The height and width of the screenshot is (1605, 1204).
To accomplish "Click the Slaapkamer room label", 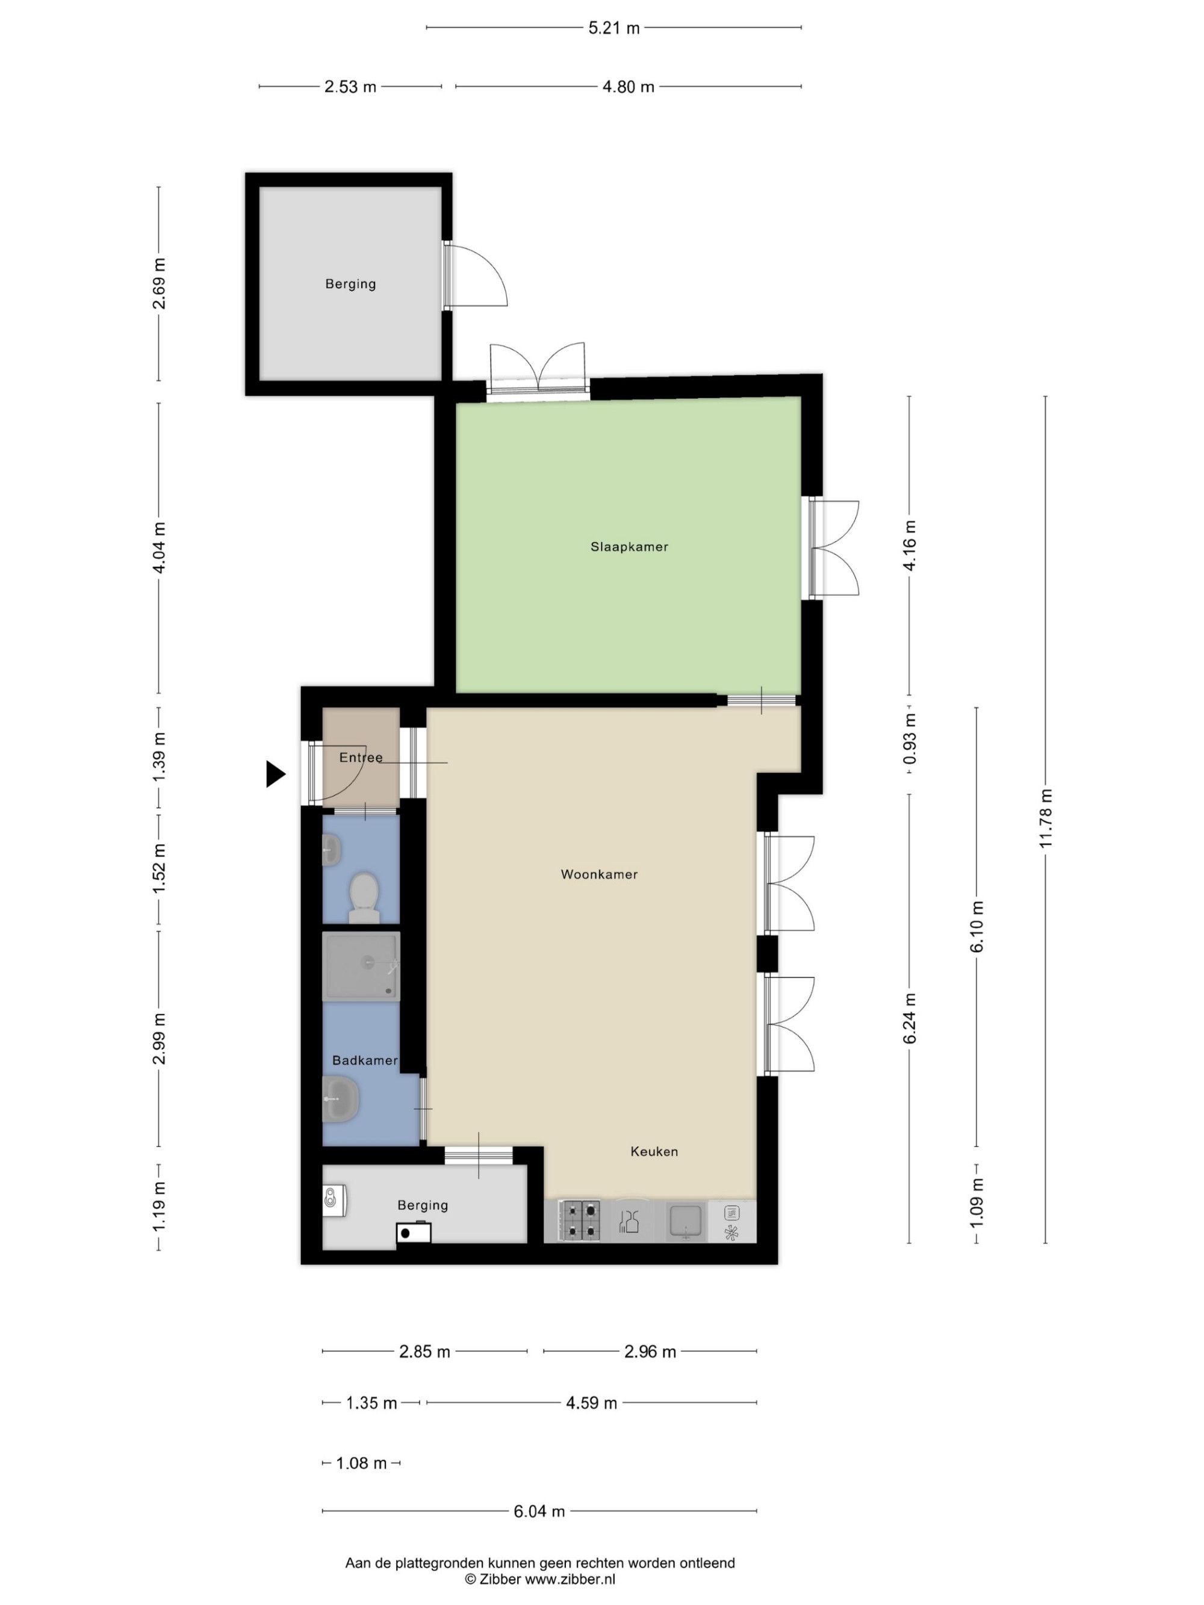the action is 629,547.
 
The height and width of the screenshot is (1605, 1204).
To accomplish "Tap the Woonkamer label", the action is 600,874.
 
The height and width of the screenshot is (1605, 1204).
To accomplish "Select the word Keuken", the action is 654,1151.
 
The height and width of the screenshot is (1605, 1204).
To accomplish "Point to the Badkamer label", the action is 364,1060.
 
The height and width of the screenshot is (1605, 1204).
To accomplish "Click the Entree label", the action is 361,758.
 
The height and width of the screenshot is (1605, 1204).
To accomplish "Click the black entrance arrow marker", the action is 276,773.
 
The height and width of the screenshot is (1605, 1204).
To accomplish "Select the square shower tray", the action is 361,966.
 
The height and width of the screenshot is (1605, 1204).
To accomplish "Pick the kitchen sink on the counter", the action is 686,1220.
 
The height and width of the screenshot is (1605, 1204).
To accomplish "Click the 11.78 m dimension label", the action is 1045,818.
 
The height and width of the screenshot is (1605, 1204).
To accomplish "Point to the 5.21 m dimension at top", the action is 614,28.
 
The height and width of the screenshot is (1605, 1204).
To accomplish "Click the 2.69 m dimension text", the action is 159,283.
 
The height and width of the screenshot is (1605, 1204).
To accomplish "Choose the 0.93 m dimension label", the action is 910,738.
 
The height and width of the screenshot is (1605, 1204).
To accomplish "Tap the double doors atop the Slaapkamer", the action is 537,370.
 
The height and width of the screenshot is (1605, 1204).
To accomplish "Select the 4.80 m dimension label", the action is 628,87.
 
